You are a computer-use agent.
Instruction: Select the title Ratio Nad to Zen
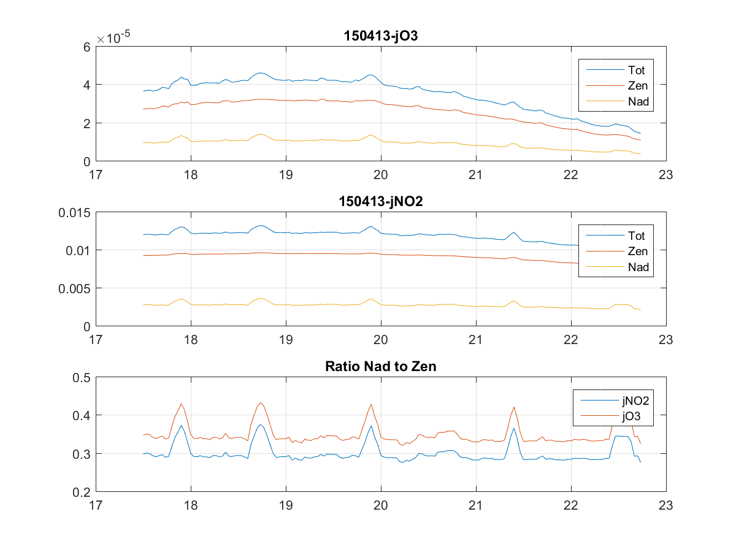pyautogui.click(x=380, y=367)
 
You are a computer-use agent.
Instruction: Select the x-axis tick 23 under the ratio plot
pyautogui.click(x=666, y=505)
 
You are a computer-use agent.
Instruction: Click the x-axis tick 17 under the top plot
pyautogui.click(x=96, y=175)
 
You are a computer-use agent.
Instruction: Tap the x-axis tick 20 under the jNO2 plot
pyautogui.click(x=381, y=340)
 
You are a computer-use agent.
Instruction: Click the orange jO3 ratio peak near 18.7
pyautogui.click(x=261, y=403)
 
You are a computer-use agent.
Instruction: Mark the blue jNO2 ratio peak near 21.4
pyautogui.click(x=514, y=428)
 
